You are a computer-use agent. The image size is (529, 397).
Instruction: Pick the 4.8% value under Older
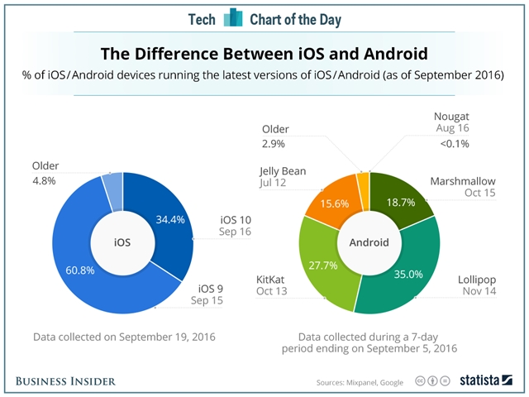[46, 181]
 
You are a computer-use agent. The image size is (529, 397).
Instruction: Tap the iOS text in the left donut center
[123, 243]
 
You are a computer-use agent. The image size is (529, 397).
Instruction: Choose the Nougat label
[453, 116]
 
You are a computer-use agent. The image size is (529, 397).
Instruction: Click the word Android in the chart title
[384, 55]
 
